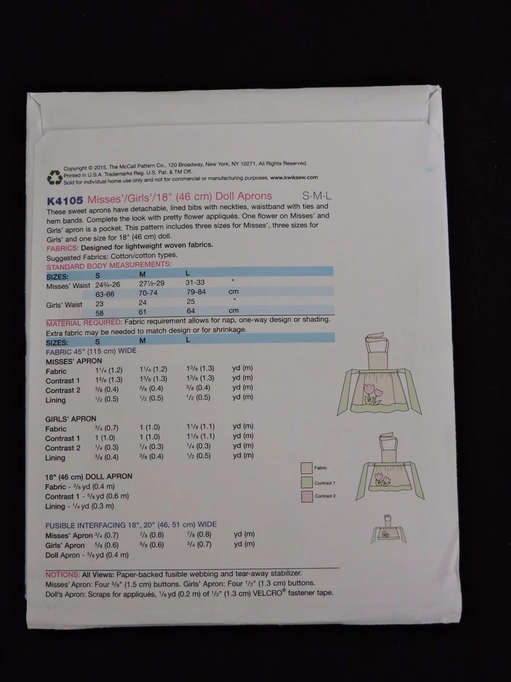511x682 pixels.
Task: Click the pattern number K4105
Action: [63, 196]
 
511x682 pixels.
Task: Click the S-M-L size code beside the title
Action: [317, 195]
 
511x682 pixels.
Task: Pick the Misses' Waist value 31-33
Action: [194, 282]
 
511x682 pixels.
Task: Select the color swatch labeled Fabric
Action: [307, 467]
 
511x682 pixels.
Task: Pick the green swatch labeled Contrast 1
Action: [307, 482]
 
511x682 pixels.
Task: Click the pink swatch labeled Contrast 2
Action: [307, 495]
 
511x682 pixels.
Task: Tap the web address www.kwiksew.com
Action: [290, 178]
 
